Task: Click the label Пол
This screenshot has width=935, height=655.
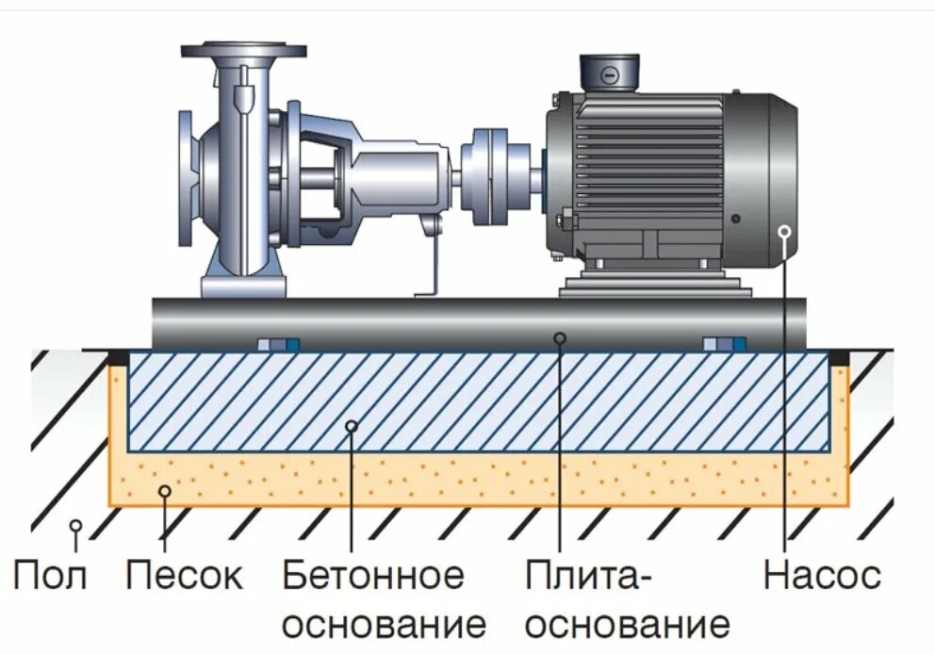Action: click(50, 574)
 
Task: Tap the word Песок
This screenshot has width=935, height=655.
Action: click(184, 574)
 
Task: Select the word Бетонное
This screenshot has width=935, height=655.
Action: click(373, 574)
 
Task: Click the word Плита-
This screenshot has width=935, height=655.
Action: click(588, 574)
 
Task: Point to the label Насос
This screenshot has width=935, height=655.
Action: click(822, 574)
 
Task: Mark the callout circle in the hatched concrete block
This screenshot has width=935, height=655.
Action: click(351, 426)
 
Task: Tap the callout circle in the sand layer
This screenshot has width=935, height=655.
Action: click(165, 489)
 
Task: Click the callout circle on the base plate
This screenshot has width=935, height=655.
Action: click(559, 336)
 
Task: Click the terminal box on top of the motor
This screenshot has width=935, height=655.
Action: click(608, 73)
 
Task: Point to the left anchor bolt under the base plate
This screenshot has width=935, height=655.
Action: click(278, 345)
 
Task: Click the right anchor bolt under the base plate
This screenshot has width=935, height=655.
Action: click(724, 345)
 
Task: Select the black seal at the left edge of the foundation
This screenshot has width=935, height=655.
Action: click(119, 358)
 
